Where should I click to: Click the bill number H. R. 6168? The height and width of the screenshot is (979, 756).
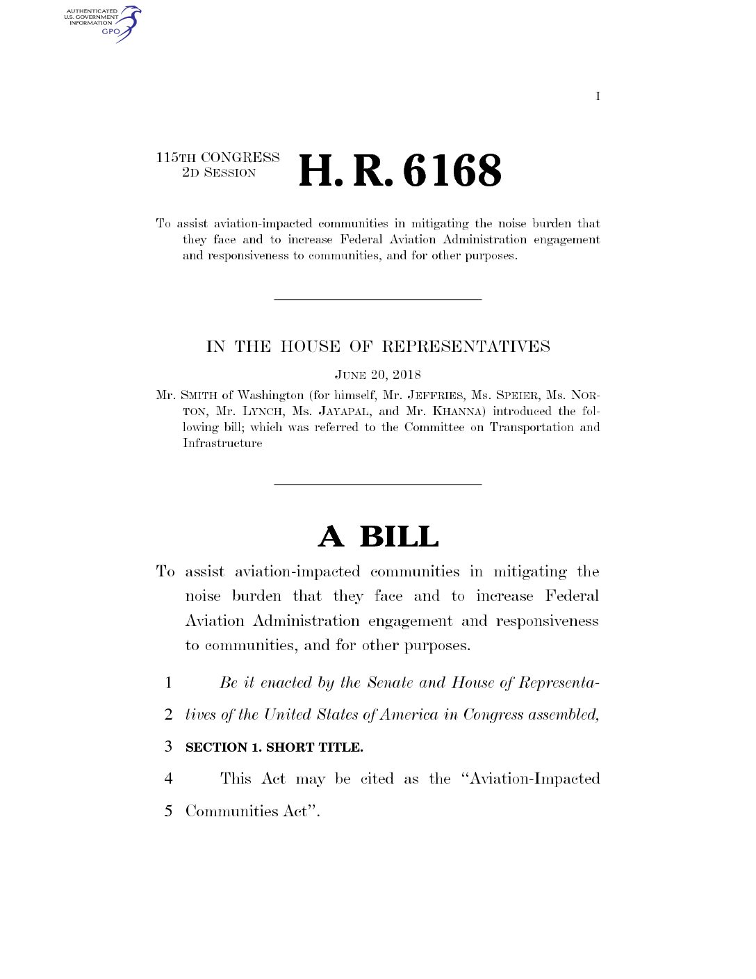coord(400,171)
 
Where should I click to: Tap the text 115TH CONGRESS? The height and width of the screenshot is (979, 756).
coord(217,158)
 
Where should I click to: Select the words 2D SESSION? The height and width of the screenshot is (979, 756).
coord(219,173)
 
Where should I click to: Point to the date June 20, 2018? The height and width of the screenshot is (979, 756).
coord(378,375)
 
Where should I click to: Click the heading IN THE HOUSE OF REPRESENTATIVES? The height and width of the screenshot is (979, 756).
coord(378,346)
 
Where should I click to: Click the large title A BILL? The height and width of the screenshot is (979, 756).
coord(379,537)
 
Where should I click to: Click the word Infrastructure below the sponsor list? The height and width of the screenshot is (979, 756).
coord(222,444)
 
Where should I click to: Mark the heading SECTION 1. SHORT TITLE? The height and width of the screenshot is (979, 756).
coord(274,747)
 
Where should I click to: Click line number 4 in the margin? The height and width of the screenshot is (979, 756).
coord(168,779)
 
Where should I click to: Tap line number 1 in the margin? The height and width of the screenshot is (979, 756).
coord(168,683)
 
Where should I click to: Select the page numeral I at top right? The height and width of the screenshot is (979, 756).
coord(598,97)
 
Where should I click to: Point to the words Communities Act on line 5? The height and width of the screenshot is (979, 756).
coord(246,811)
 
